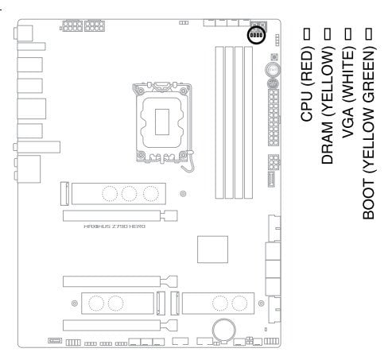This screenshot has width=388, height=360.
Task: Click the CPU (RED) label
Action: [307, 83]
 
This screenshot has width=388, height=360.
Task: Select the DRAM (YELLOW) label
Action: [328, 105]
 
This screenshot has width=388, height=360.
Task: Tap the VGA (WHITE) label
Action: [348, 92]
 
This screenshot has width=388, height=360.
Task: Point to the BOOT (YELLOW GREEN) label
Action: [369, 133]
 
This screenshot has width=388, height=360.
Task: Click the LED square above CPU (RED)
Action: [307, 33]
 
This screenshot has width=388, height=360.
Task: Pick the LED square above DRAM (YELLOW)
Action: [328, 33]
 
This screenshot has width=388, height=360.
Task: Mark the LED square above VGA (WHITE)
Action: [348, 33]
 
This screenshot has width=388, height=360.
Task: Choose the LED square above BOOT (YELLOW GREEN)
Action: [369, 33]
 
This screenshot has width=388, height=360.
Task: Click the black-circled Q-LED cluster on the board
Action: [257, 35]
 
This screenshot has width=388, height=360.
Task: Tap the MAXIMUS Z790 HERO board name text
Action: [114, 226]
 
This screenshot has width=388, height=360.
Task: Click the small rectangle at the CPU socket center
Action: [162, 122]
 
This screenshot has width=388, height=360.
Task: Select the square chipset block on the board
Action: [212, 250]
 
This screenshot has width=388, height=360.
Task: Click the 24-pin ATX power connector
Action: [274, 118]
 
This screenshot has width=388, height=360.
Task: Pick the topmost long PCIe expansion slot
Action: [120, 216]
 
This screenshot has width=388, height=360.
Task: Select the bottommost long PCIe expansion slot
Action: [120, 325]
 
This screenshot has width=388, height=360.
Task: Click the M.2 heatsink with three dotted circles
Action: [118, 194]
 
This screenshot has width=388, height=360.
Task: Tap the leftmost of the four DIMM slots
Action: [219, 122]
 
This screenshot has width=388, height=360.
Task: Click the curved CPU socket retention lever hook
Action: [190, 162]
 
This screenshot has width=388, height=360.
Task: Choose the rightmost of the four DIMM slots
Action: [248, 122]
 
